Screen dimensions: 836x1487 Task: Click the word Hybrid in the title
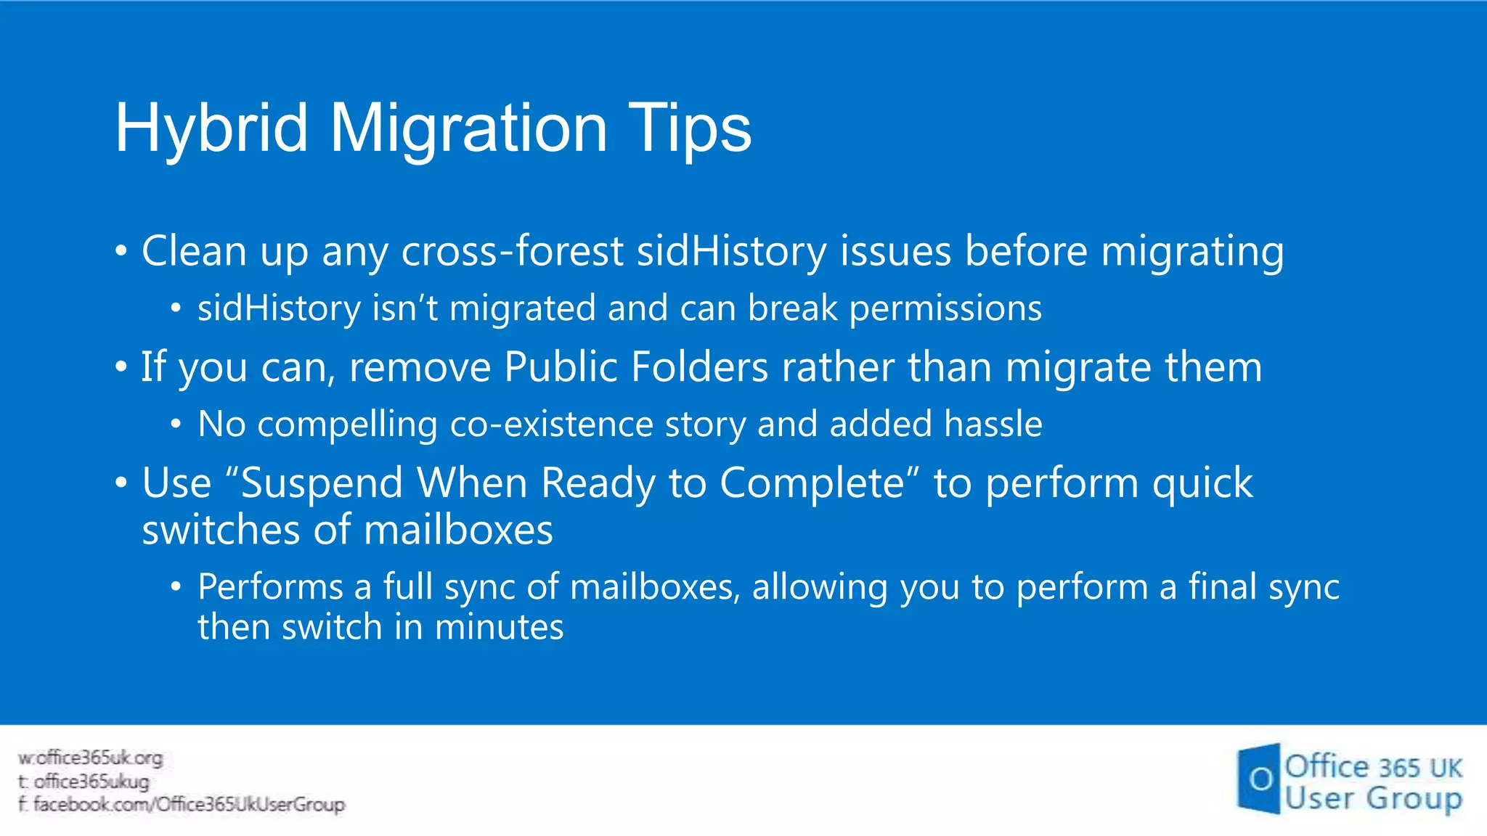point(211,129)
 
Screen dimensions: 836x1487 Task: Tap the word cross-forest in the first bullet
point(512,251)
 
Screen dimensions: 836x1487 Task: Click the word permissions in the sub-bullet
point(945,308)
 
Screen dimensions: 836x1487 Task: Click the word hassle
point(993,424)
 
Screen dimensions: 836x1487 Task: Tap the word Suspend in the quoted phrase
point(321,483)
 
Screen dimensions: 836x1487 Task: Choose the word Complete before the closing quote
point(812,483)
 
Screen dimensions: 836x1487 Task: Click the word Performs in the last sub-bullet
point(270,586)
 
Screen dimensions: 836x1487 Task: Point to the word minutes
point(499,627)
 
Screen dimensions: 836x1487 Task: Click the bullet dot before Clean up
point(121,252)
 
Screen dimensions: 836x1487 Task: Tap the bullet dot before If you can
point(121,367)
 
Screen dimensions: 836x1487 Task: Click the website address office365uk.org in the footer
point(99,758)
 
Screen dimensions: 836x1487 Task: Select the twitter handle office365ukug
point(91,782)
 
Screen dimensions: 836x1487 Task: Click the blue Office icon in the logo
point(1259,779)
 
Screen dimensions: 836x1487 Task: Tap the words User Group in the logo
point(1372,799)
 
